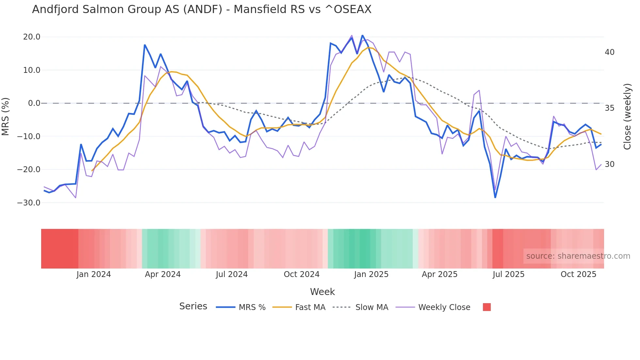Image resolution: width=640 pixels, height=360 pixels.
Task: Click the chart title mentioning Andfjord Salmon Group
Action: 201,9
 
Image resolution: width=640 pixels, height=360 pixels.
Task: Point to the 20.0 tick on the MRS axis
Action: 32,37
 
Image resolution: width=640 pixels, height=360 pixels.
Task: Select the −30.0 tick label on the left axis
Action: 29,203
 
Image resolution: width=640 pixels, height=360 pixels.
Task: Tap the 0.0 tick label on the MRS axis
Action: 34,103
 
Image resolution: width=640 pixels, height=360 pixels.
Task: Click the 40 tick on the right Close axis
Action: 609,52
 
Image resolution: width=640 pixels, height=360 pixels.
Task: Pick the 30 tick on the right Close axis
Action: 609,164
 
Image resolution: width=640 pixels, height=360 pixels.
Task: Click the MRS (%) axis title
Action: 6,117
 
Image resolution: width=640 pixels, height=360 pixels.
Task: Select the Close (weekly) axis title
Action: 627,117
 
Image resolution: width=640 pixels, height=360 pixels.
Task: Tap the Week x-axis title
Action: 322,292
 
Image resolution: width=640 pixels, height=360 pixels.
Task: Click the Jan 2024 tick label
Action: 94,274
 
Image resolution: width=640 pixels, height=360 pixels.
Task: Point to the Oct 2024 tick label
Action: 301,274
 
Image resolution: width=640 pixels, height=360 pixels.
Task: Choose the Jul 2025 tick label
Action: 508,274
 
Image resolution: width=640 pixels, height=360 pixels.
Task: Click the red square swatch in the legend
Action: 487,307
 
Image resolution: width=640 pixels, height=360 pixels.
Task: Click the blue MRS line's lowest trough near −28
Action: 495,197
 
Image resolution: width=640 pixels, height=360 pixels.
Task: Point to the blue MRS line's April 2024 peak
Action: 145,45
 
